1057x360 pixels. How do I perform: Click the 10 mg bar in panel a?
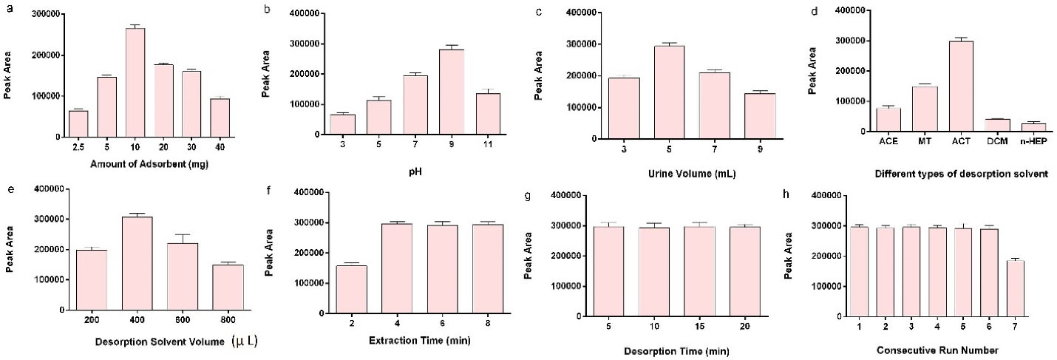(x=135, y=83)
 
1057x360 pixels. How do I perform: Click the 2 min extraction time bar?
(x=352, y=289)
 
